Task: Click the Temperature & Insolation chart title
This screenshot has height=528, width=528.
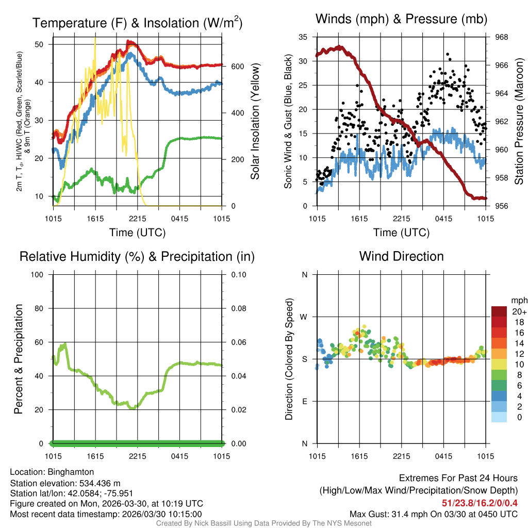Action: tap(137, 23)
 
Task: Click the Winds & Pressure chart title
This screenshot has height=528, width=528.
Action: tap(401, 19)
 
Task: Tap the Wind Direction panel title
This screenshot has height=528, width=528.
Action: tap(401, 256)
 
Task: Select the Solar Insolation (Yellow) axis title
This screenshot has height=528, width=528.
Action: tap(255, 122)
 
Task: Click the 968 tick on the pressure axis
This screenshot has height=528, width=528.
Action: tap(501, 37)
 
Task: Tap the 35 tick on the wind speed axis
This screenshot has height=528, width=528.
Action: tap(303, 37)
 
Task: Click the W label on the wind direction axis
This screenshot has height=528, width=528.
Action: tap(305, 317)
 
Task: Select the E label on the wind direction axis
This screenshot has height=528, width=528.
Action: tap(305, 401)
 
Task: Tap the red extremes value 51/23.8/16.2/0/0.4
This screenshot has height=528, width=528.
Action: tap(480, 503)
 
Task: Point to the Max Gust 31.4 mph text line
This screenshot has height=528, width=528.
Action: tap(433, 514)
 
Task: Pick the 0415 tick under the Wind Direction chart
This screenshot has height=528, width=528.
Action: tap(443, 456)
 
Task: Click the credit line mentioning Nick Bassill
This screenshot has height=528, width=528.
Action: tap(263, 523)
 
